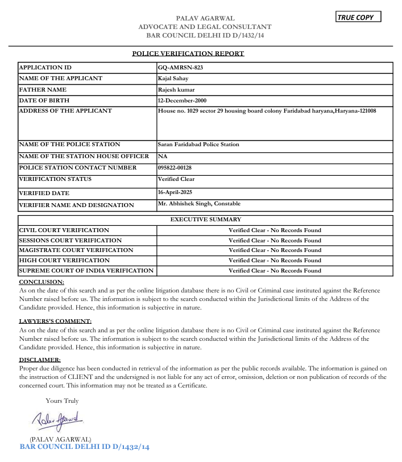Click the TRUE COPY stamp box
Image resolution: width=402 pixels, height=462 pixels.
pyautogui.click(x=358, y=17)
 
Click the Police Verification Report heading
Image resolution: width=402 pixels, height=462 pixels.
pyautogui.click(x=188, y=53)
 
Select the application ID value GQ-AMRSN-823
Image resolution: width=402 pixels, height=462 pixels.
pyautogui.click(x=180, y=68)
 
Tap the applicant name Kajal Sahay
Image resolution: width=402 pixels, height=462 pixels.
pyautogui.click(x=173, y=79)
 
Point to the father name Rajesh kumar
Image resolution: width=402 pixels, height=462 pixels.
pyautogui.click(x=177, y=89)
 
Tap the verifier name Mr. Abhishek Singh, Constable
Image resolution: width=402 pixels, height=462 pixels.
pyautogui.click(x=199, y=204)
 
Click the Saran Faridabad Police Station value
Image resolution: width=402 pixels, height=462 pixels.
pyautogui.click(x=198, y=145)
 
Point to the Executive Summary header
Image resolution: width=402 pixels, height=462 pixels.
pyautogui.click(x=206, y=219)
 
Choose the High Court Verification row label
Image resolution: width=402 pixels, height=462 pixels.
pyautogui.click(x=64, y=261)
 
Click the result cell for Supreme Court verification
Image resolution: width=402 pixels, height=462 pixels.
pyautogui.click(x=275, y=271)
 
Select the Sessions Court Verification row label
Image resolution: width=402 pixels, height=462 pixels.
pyautogui.click(x=71, y=241)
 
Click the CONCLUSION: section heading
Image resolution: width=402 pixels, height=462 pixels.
pyautogui.click(x=42, y=282)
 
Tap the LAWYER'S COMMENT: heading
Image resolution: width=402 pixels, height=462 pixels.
pyautogui.click(x=55, y=321)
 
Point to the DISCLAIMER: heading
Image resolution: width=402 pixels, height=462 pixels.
pyautogui.click(x=40, y=360)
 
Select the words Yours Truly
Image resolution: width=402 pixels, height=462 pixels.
pyautogui.click(x=62, y=401)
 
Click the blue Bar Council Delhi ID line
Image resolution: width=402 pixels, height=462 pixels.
pyautogui.click(x=84, y=447)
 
